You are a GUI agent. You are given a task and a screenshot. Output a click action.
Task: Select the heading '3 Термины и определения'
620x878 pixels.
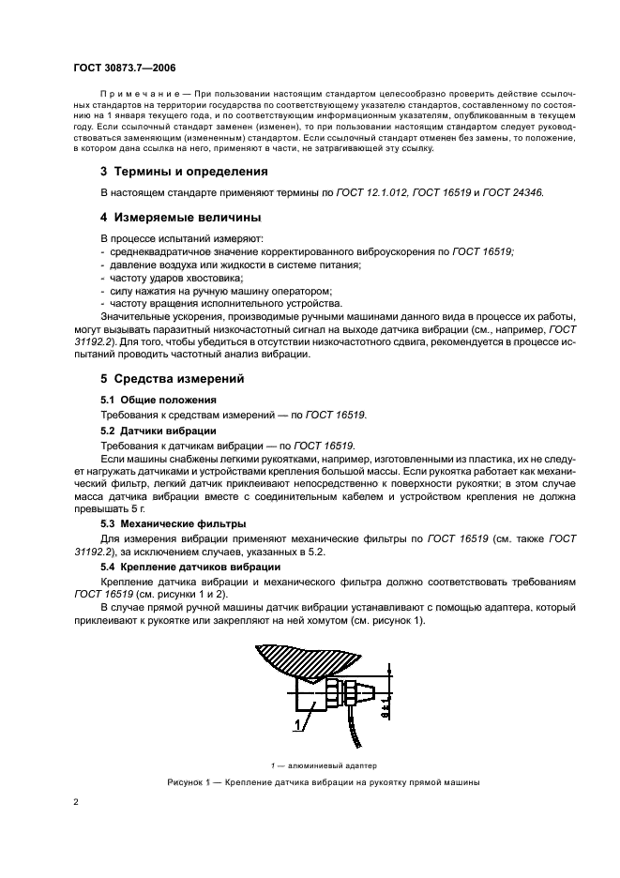point(171,172)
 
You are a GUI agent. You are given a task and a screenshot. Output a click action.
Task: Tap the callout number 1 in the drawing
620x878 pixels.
point(273,726)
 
